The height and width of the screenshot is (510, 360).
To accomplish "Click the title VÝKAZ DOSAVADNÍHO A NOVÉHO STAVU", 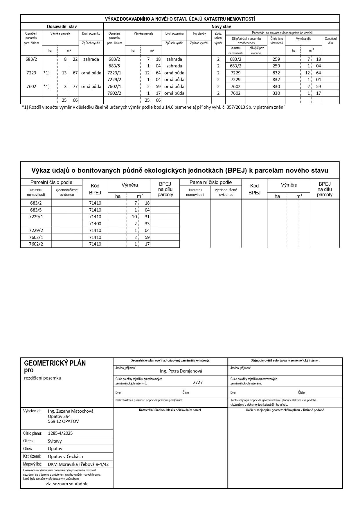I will (x=180, y=19).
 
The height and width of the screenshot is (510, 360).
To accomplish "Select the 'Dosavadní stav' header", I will (x=62, y=26).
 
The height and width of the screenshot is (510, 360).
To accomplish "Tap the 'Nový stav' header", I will (x=221, y=26).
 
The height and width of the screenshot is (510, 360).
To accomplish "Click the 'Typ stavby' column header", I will (x=199, y=34).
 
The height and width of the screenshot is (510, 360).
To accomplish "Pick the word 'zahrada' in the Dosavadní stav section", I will (x=91, y=59).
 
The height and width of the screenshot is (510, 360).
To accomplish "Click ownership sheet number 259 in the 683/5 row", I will (x=276, y=66).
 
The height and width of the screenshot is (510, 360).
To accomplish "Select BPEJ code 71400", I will (x=95, y=223).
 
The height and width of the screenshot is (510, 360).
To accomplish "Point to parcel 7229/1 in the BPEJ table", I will (x=36, y=217).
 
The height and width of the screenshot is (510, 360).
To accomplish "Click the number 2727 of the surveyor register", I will (x=198, y=382).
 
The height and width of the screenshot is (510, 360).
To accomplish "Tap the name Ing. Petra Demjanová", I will (x=181, y=371).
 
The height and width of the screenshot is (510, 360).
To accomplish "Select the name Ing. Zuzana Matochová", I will (x=71, y=411).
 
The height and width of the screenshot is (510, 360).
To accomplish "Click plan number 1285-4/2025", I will (x=60, y=433).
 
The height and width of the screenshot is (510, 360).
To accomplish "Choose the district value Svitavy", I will (x=55, y=441).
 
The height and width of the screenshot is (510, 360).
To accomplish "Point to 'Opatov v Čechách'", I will (x=65, y=456).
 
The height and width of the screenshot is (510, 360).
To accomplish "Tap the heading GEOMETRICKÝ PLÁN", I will (x=55, y=363).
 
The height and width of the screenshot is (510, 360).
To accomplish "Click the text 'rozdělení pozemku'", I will (x=43, y=378).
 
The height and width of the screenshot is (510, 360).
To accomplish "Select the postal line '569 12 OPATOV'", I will (x=63, y=421).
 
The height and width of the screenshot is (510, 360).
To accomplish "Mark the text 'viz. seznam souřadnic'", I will (x=67, y=484).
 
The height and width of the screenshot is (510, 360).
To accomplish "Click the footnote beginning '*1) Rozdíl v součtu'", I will (x=153, y=107).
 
